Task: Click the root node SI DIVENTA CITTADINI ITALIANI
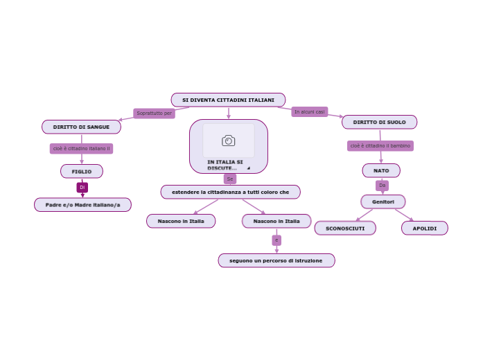[228, 100]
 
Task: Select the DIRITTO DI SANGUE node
[81, 127]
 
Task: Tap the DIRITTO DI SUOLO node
[379, 123]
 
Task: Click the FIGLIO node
[82, 172]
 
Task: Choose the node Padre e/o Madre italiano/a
[82, 205]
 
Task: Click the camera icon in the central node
[229, 141]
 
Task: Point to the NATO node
[381, 170]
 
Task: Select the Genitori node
[383, 202]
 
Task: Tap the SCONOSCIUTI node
[345, 228]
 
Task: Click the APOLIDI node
[424, 228]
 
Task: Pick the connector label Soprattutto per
[154, 114]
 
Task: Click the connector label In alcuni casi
[309, 111]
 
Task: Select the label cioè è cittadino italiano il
[81, 149]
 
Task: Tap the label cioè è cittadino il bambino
[380, 146]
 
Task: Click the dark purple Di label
[82, 188]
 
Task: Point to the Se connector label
[229, 179]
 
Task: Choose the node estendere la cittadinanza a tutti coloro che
[231, 192]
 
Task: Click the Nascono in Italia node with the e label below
[276, 222]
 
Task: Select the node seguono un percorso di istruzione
[276, 261]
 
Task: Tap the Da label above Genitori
[382, 186]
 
